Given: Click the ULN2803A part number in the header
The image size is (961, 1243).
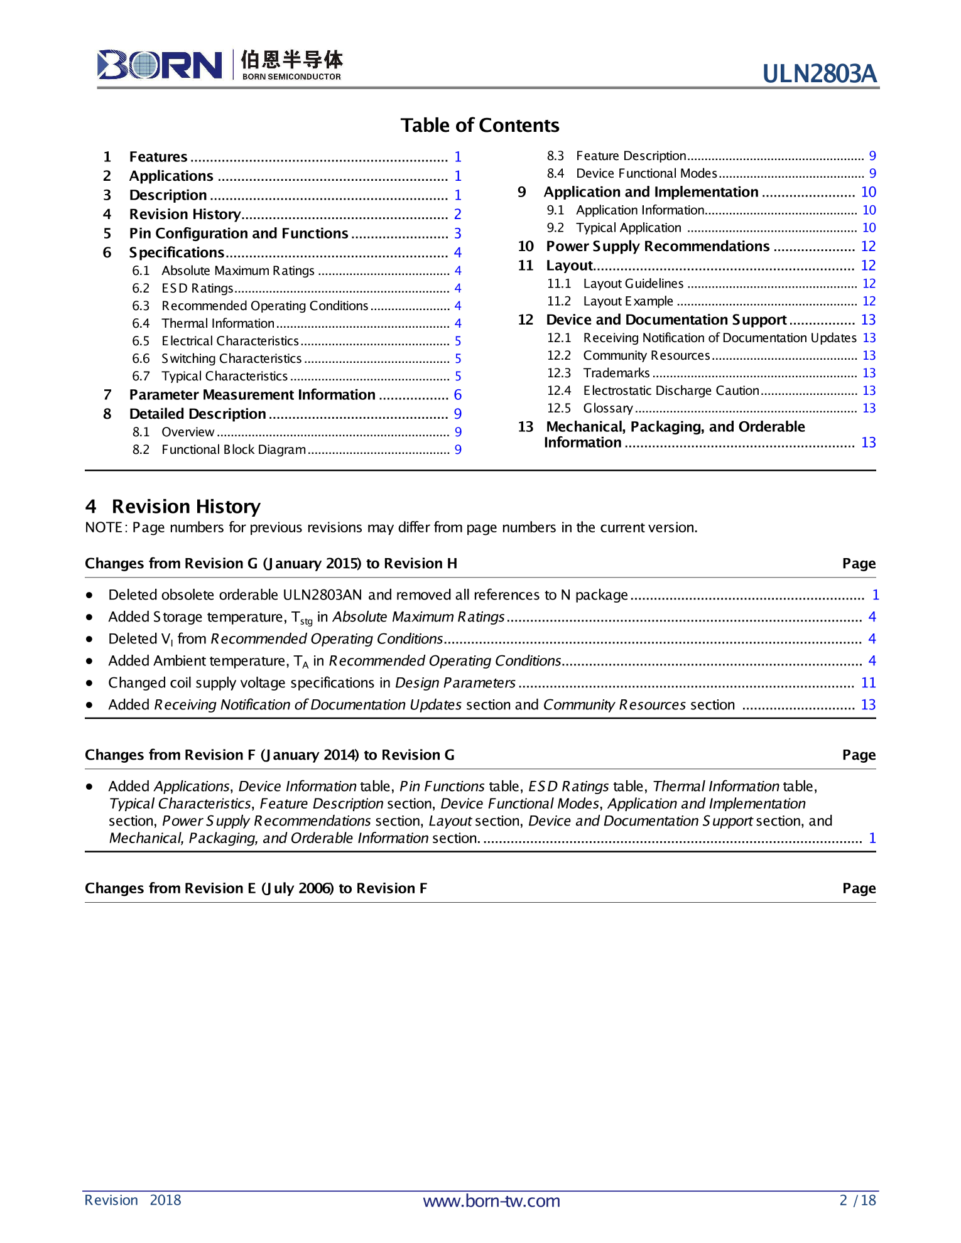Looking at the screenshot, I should pyautogui.click(x=819, y=74).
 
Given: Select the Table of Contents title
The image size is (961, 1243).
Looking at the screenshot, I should pyautogui.click(x=480, y=126).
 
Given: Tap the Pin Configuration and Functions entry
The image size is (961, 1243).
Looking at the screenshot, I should pyautogui.click(x=238, y=234).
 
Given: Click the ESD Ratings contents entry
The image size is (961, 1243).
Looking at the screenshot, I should pyautogui.click(x=197, y=288).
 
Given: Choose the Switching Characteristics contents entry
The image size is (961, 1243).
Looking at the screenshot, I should pyautogui.click(x=231, y=358).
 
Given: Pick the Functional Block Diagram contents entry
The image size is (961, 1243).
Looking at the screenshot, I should pyautogui.click(x=233, y=449).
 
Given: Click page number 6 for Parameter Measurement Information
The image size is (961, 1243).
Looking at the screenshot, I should pyautogui.click(x=458, y=395).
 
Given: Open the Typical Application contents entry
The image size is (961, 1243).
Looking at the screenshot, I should pyautogui.click(x=628, y=228).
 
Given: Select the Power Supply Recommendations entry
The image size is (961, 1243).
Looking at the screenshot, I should pyautogui.click(x=658, y=246).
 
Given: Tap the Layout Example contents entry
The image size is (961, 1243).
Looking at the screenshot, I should pyautogui.click(x=627, y=301).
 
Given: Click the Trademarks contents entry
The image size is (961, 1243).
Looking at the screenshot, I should pyautogui.click(x=616, y=373).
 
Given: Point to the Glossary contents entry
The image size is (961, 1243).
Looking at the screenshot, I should pyautogui.click(x=607, y=408).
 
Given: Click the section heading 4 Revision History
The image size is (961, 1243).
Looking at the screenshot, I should pyautogui.click(x=173, y=507).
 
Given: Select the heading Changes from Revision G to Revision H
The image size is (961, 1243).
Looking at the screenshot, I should pyautogui.click(x=271, y=564).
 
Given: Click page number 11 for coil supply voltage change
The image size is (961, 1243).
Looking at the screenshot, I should pyautogui.click(x=868, y=683).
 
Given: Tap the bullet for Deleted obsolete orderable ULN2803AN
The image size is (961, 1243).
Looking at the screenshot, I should pyautogui.click(x=90, y=595).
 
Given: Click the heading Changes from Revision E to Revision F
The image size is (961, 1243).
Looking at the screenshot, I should pyautogui.click(x=256, y=888).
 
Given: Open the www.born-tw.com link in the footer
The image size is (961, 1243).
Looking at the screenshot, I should pyautogui.click(x=491, y=1201).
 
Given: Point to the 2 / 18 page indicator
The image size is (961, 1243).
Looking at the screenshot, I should pyautogui.click(x=857, y=1200).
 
